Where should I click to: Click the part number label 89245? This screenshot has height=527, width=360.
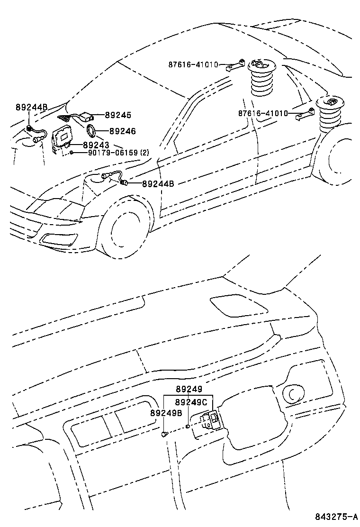coord(118,115)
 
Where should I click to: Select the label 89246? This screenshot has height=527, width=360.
coord(122,131)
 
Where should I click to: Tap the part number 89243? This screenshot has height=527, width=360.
coord(96,145)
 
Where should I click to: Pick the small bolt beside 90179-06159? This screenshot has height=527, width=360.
coord(71,153)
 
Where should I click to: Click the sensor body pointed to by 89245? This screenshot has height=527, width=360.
coord(87,115)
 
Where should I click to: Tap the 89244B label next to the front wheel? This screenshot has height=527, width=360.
coord(158,183)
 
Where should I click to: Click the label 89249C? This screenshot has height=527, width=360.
coord(191,402)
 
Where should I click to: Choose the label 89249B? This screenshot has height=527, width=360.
coord(166,413)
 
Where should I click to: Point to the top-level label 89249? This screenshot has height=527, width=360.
coord(189,389)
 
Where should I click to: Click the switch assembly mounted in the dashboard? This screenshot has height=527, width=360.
coord(209,419)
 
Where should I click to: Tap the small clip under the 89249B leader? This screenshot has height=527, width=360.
coord(164,434)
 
